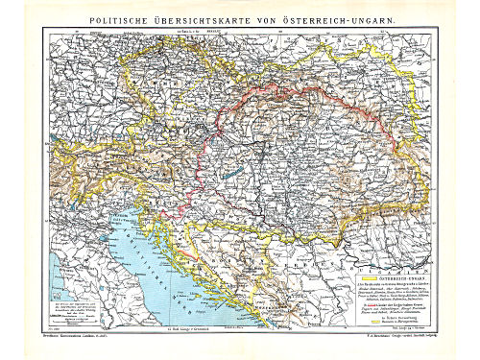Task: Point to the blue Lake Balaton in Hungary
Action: point(223,174)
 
